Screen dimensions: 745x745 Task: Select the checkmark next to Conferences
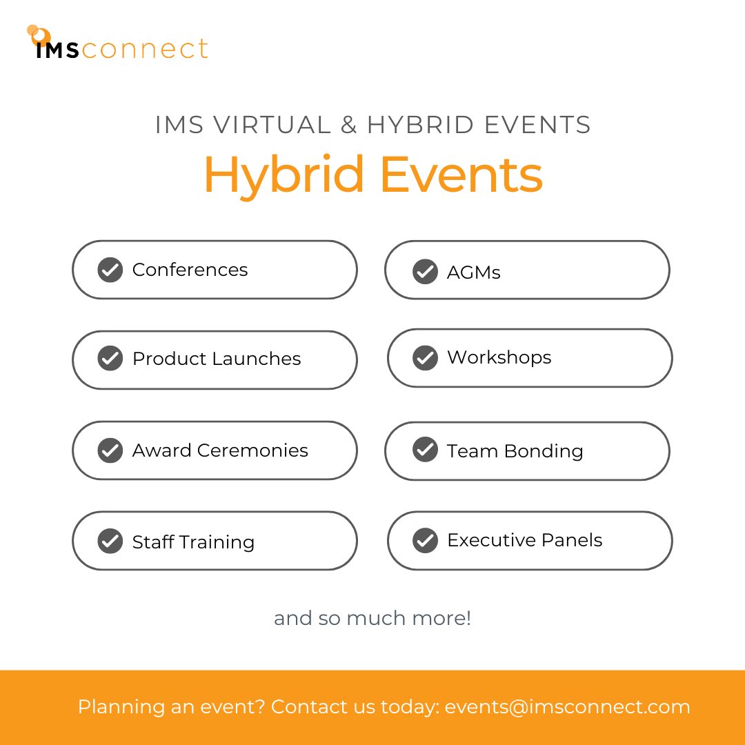110,270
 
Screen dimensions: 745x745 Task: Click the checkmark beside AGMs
425,272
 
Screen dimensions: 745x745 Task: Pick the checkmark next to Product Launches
110,359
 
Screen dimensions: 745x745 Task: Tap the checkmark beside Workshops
425,358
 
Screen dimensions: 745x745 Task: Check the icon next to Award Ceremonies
110,450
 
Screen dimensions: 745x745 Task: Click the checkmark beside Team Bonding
425,450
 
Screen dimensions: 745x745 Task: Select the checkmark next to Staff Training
110,542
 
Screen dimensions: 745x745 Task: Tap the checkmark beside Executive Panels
425,540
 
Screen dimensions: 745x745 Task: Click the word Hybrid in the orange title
284,176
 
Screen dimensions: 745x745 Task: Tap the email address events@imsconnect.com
567,707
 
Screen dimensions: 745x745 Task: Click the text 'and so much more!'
372,617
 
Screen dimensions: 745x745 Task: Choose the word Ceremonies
252,450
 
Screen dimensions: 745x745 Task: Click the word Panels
570,540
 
